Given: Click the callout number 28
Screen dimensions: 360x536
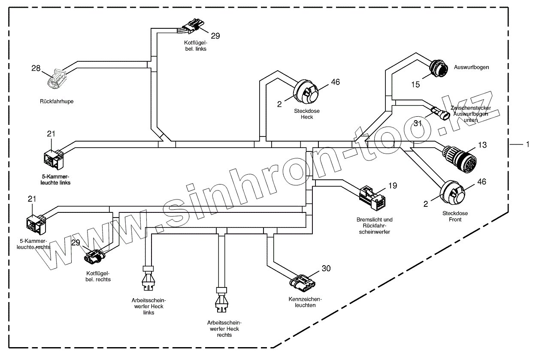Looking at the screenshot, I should (x=36, y=68).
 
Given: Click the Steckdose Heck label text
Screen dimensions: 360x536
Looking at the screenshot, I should (x=307, y=114).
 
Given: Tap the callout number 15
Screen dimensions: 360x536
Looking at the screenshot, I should (x=415, y=85).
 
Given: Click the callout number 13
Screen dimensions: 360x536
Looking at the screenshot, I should (x=482, y=145).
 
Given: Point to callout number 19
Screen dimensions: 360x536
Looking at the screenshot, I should (x=393, y=186).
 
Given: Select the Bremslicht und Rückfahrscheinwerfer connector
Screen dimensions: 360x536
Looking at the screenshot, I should (x=372, y=197).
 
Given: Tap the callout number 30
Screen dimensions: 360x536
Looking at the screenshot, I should (x=326, y=269).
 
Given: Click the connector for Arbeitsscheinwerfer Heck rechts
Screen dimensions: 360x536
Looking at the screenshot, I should (x=222, y=299).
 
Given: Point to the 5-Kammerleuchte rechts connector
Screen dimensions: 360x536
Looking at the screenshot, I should (x=36, y=222).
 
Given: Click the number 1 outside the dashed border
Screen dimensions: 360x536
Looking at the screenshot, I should (x=527, y=145).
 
